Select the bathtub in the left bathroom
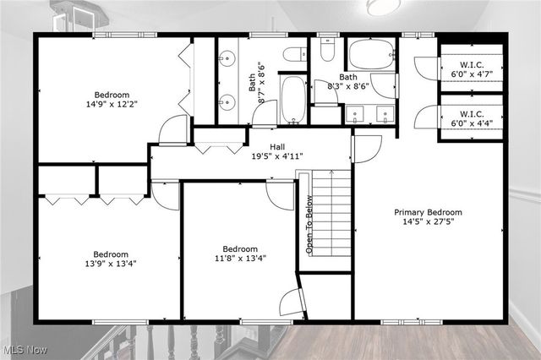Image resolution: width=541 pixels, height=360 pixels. point(293,100)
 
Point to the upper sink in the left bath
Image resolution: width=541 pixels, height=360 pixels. point(226,59)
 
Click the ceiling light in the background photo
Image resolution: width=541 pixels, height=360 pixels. point(383,6)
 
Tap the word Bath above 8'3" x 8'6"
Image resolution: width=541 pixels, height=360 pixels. point(348,77)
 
